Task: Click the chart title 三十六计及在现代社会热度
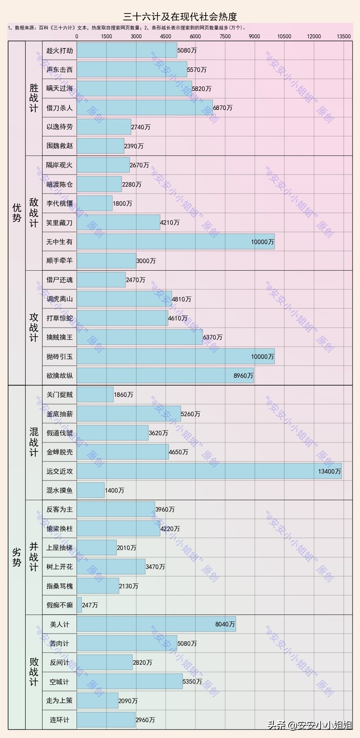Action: [x=180, y=17]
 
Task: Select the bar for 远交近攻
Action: [x=209, y=471]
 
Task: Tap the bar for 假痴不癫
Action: [x=79, y=605]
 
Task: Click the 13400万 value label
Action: [x=329, y=471]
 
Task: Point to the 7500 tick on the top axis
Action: [x=225, y=36]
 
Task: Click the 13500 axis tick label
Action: [x=343, y=36]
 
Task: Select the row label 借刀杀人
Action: [x=59, y=108]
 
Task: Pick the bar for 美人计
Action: [x=156, y=624]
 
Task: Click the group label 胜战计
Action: [x=34, y=98]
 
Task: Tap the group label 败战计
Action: [x=34, y=672]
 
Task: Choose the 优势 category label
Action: [x=17, y=213]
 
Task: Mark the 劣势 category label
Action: [x=17, y=557]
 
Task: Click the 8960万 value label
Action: [x=243, y=376]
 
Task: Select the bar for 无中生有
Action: [x=175, y=242]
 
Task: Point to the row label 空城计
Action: [x=59, y=682]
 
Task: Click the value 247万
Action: [x=90, y=605]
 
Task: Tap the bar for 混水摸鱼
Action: [x=90, y=490]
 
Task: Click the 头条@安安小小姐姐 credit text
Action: [x=310, y=725]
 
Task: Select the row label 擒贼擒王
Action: [x=59, y=337]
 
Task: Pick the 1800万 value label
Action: [x=122, y=204]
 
